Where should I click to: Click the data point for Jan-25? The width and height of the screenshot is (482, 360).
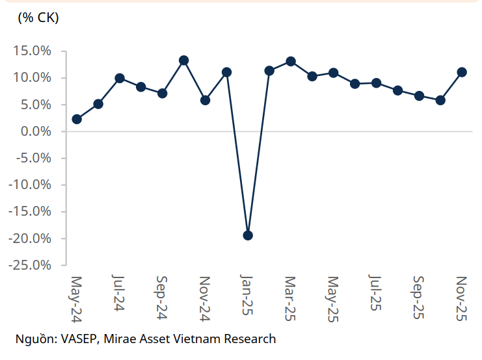click(248, 235)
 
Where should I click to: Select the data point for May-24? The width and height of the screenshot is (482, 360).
click(77, 119)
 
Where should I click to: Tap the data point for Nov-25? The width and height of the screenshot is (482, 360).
click(462, 72)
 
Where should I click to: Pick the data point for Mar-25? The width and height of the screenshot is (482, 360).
click(291, 62)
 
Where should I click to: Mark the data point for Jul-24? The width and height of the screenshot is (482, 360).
click(120, 78)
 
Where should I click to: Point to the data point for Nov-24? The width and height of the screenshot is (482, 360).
click(205, 100)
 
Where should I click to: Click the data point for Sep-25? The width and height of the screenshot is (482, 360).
click(419, 96)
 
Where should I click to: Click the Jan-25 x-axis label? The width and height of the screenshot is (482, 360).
click(247, 296)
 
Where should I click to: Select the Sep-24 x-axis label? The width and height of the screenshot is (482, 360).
click(162, 297)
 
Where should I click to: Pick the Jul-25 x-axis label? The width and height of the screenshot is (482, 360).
click(375, 294)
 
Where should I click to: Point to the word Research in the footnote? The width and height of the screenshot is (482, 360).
click(250, 339)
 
